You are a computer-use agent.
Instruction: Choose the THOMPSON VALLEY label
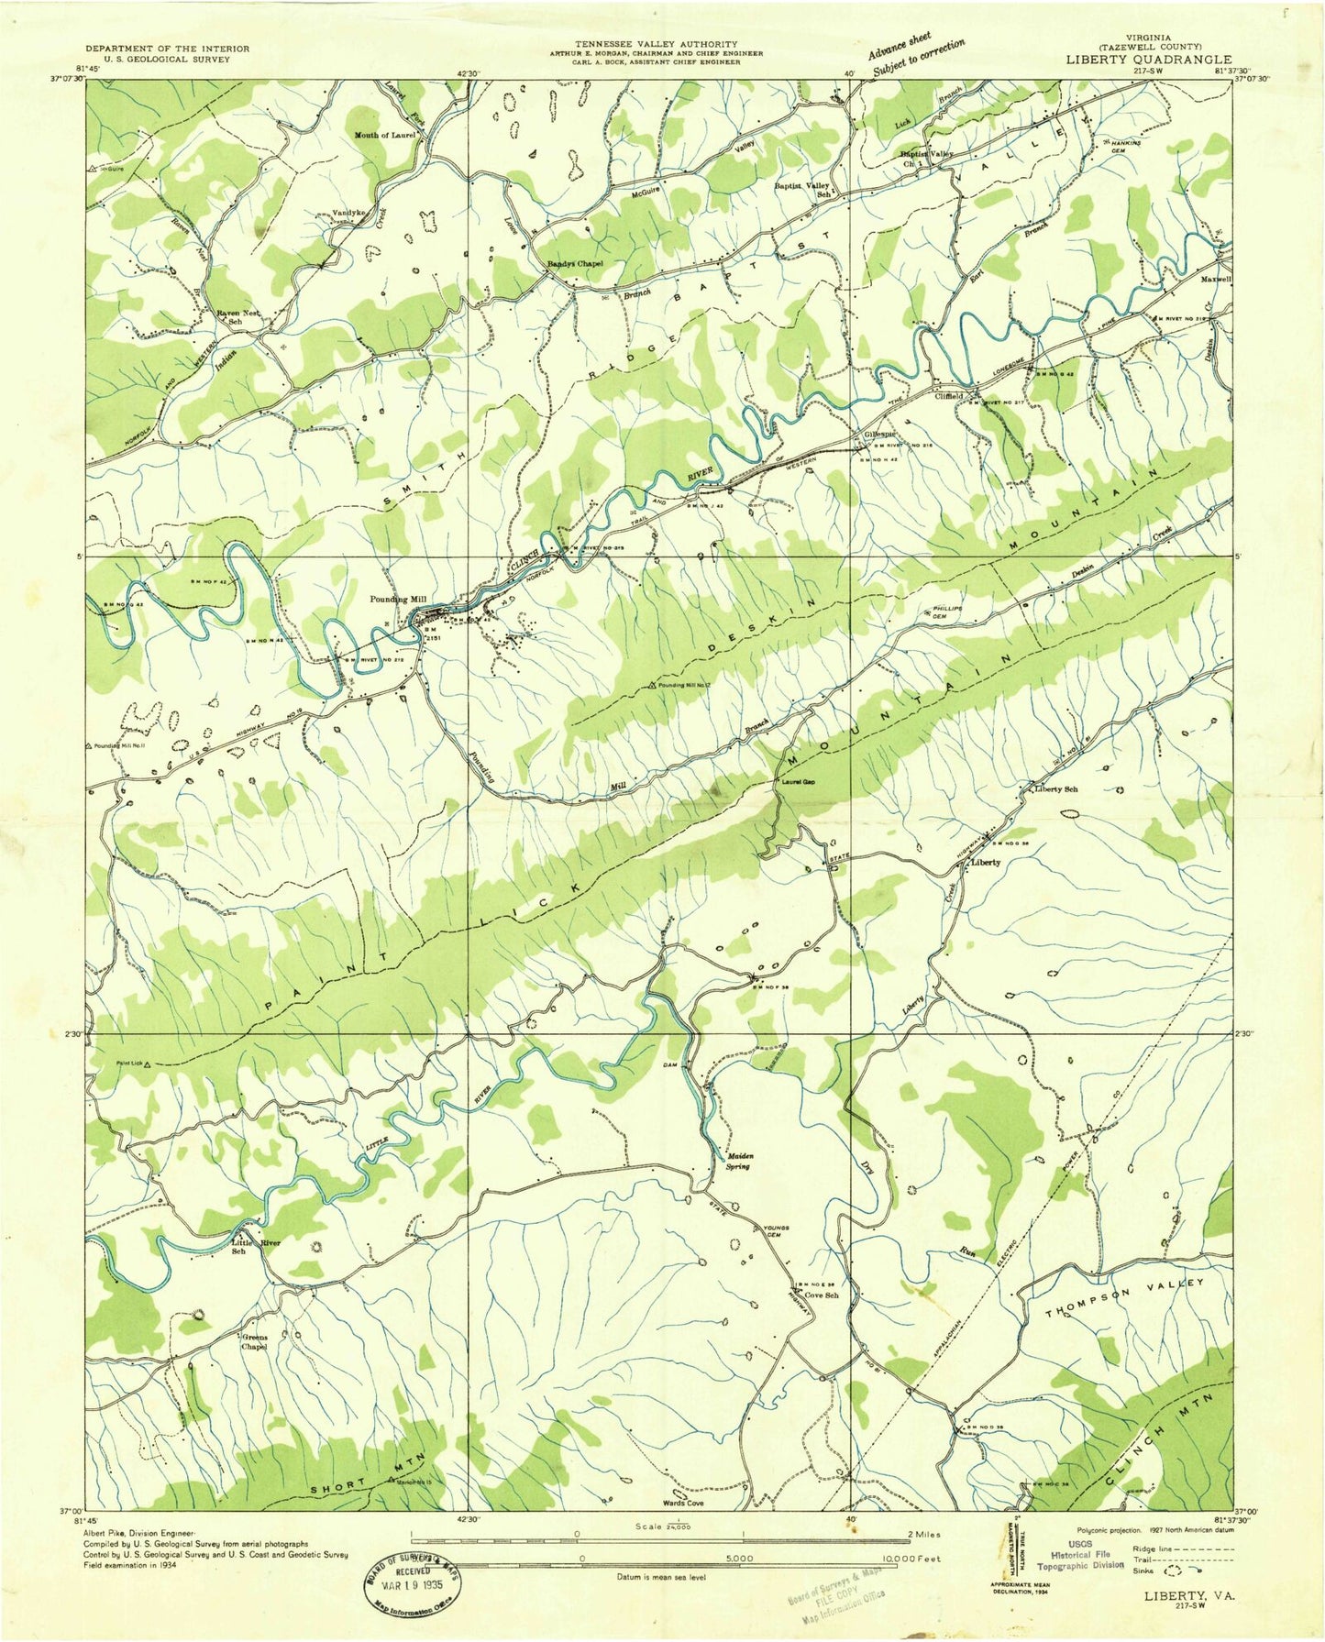(1123, 1298)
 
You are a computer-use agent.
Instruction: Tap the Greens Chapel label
(254, 1342)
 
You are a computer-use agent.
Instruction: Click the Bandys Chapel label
(575, 264)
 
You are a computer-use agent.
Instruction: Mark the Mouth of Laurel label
(385, 135)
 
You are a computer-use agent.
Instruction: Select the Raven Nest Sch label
(235, 317)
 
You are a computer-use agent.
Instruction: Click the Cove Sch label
(820, 1295)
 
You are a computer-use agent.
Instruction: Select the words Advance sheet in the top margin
(900, 45)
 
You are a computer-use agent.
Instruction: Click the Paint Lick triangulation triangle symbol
(148, 1064)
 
